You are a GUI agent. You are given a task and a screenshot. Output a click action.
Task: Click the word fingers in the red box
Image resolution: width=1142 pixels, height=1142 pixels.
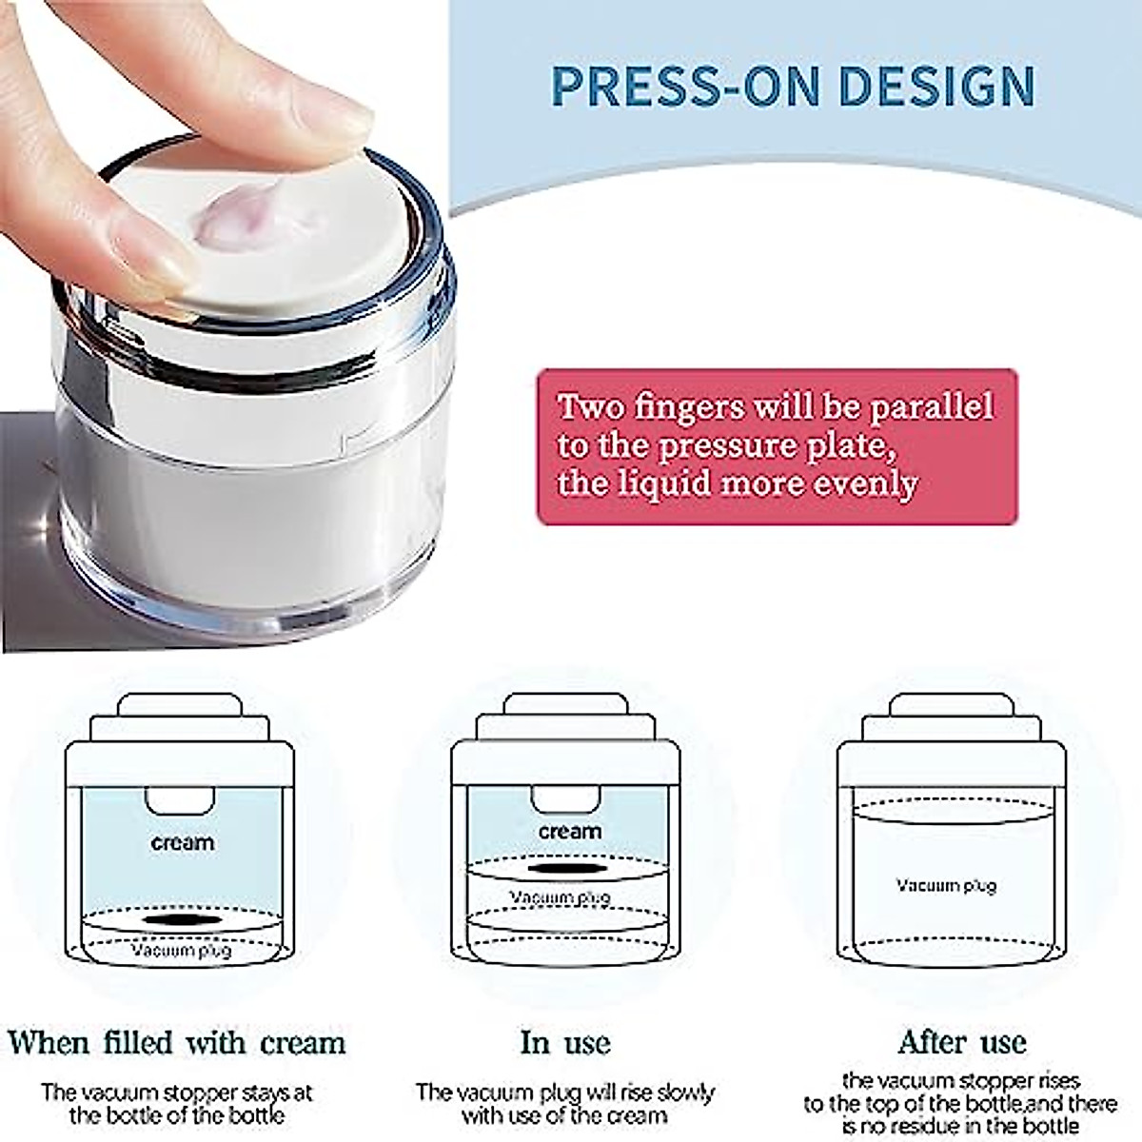coord(689,406)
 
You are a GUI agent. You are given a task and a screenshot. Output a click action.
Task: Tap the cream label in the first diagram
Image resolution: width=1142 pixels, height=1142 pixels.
coord(182,842)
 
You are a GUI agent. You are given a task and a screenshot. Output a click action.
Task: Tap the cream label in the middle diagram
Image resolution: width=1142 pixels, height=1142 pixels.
coord(569,831)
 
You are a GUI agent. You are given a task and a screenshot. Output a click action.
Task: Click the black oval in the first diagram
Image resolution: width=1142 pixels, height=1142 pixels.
coord(182,920)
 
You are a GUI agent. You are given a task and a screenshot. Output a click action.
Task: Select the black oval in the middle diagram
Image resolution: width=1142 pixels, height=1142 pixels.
coord(568,869)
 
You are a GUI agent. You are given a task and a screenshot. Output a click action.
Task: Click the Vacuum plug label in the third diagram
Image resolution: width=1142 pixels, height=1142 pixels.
coord(946,885)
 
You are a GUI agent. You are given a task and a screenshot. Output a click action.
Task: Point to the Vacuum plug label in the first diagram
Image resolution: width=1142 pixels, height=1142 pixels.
coord(181,950)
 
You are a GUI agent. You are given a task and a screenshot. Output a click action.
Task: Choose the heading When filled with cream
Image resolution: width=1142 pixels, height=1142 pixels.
coord(177,1042)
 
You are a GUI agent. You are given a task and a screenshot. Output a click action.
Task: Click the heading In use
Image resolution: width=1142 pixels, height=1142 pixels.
coord(565,1042)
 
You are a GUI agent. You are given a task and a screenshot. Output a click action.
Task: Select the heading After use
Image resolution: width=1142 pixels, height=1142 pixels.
coord(961,1042)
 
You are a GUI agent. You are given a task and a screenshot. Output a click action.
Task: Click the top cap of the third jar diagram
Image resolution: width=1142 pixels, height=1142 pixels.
coord(952,705)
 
